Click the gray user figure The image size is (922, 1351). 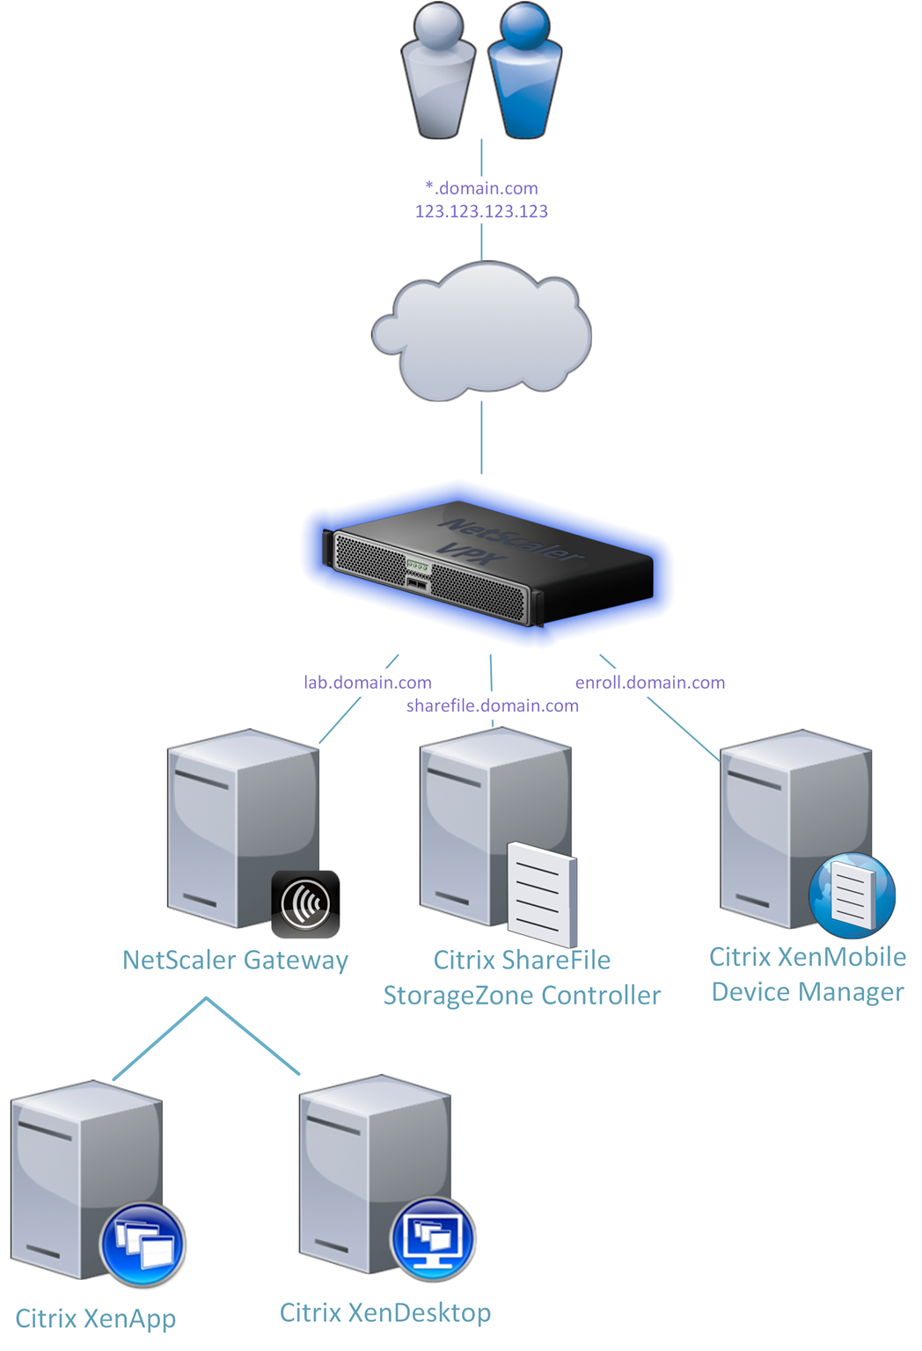click(x=438, y=75)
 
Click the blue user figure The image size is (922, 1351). click(x=524, y=75)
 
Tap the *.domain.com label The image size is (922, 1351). click(x=481, y=188)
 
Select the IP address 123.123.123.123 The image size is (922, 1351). click(x=481, y=211)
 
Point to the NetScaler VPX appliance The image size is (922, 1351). click(x=488, y=563)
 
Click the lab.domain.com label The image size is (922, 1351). click(x=367, y=683)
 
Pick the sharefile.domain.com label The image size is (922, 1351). click(x=492, y=705)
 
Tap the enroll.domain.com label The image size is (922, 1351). click(x=649, y=683)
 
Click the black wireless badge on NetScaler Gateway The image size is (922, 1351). click(x=305, y=903)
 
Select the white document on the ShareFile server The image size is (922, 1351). click(x=541, y=893)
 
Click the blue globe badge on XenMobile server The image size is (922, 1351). click(x=852, y=895)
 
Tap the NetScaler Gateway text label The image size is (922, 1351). click(x=235, y=960)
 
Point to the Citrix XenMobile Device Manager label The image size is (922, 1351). click(x=808, y=975)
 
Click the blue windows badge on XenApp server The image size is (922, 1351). click(x=143, y=1244)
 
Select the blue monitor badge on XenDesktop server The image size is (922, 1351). click(x=432, y=1238)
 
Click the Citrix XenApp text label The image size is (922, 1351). click(x=96, y=1318)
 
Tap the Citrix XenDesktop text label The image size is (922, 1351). click(x=385, y=1312)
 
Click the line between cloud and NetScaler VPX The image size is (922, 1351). click(x=481, y=438)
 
